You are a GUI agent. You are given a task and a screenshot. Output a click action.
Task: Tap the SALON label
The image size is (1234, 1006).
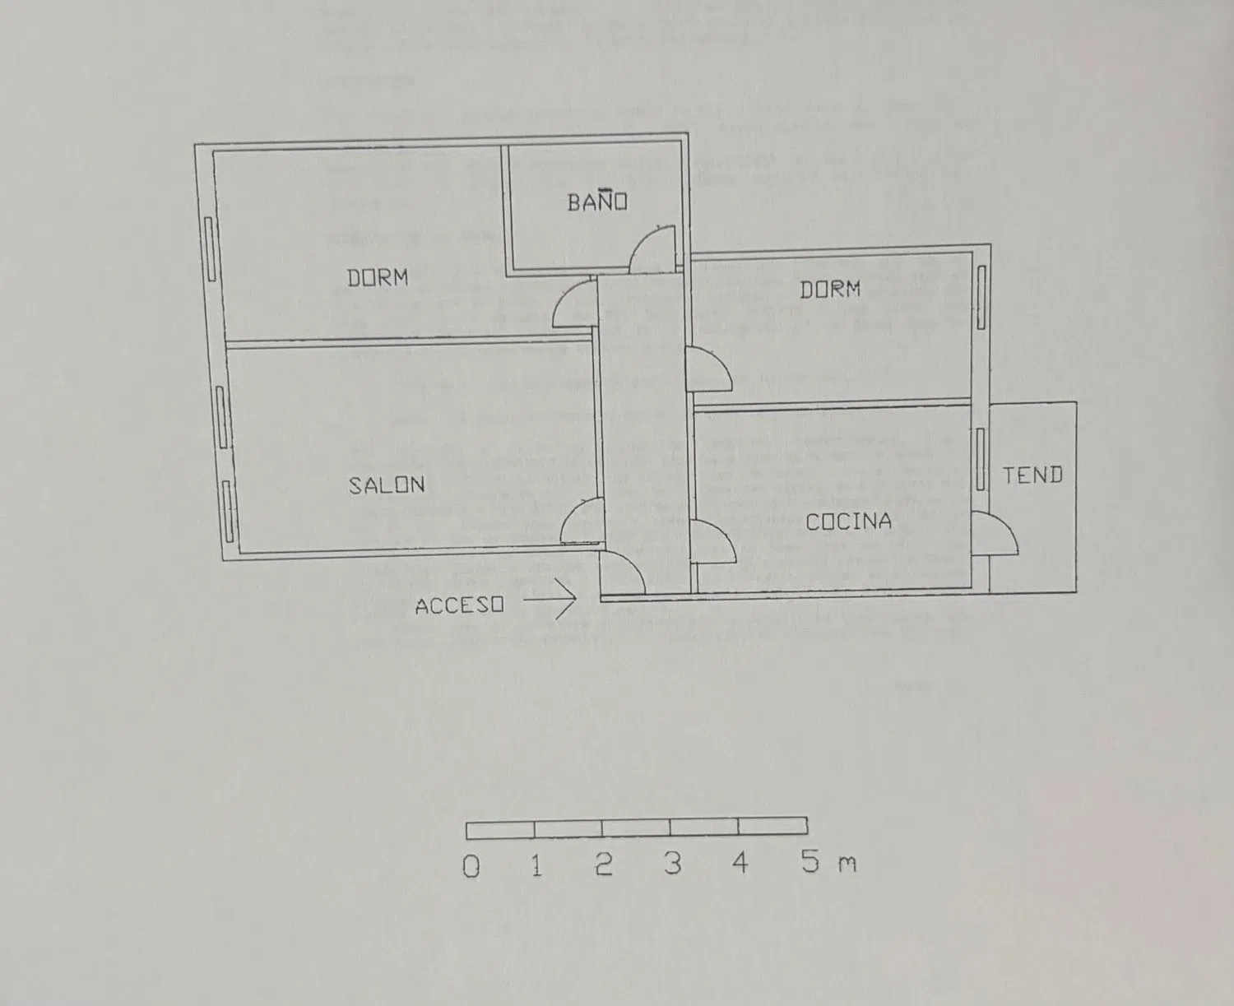[x=386, y=485]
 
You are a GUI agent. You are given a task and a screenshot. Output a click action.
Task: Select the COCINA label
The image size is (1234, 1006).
[x=848, y=522]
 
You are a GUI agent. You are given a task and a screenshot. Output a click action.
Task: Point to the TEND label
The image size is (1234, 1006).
[x=1033, y=475]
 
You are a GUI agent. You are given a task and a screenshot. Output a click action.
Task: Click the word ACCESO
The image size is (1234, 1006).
[x=459, y=605]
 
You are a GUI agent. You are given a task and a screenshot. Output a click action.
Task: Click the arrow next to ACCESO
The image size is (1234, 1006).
[x=550, y=599]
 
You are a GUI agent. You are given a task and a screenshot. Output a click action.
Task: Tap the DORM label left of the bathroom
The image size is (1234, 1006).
[x=378, y=277]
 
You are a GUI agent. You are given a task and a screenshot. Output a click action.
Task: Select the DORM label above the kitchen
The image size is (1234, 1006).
[x=830, y=289]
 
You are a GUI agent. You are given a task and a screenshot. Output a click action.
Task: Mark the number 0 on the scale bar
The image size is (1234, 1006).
[x=471, y=866]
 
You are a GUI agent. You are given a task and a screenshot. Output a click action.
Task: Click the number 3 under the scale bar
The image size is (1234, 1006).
[x=673, y=864]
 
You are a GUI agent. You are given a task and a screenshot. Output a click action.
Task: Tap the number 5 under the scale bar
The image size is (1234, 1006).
[x=810, y=861]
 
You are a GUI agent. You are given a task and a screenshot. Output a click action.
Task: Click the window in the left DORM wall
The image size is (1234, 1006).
[x=210, y=248]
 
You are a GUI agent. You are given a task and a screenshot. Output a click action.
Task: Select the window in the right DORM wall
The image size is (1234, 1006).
[x=981, y=297]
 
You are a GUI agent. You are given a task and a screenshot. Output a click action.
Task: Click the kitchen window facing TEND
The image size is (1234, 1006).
[x=981, y=459]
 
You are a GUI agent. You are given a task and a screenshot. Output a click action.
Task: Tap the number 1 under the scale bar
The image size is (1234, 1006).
[x=536, y=865]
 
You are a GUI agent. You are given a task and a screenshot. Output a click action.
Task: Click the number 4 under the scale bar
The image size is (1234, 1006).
[x=740, y=863]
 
